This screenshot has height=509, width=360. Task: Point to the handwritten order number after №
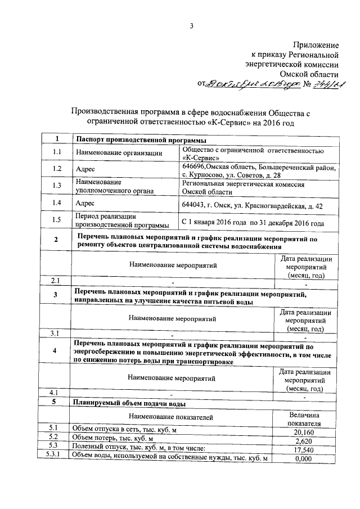pyautogui.click(x=330, y=84)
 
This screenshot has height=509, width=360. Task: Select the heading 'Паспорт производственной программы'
pyautogui.click(x=133, y=139)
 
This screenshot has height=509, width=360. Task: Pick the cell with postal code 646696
pyautogui.click(x=258, y=171)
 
